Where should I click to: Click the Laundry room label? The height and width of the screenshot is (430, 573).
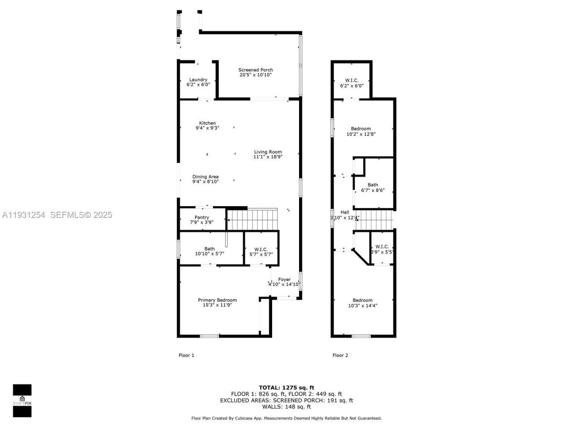[198, 80]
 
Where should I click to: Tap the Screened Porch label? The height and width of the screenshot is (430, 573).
[255, 70]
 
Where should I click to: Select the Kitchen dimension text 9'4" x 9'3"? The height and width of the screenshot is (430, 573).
[207, 128]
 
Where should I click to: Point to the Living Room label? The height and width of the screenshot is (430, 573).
[268, 152]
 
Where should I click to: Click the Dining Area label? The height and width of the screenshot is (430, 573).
[205, 176]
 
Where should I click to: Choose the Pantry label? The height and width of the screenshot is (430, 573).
[201, 217]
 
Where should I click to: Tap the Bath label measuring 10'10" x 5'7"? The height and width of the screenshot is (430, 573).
[210, 249]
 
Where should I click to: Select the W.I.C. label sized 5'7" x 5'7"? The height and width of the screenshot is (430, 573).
[261, 249]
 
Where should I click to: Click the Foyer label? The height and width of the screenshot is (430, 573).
[284, 279]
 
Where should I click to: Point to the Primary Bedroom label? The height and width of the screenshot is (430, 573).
[217, 300]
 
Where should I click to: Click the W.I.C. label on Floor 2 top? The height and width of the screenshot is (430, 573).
[351, 80]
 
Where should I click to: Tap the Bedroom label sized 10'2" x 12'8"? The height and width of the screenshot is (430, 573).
[360, 129]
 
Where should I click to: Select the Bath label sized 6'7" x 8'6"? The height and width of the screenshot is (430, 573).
[372, 185]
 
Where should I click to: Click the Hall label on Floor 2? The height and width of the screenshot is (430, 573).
[345, 212]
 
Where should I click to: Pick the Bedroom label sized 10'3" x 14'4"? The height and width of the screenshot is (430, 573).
[362, 300]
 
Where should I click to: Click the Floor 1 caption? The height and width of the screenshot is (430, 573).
[186, 355]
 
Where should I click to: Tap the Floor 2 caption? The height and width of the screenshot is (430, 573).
[340, 355]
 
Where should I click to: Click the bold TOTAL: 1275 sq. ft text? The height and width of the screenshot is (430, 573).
[286, 387]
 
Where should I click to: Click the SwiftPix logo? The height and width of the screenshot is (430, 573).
[22, 400]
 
